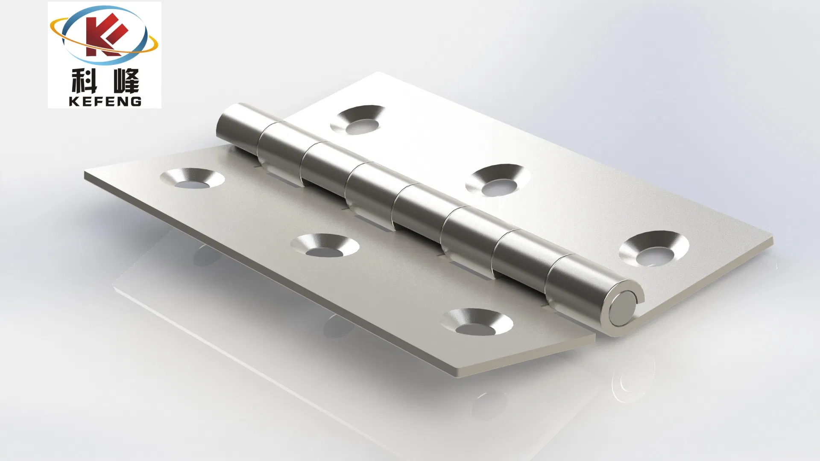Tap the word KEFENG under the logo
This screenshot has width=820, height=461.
click(105, 101)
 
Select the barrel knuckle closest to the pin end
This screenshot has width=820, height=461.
click(577, 282)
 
